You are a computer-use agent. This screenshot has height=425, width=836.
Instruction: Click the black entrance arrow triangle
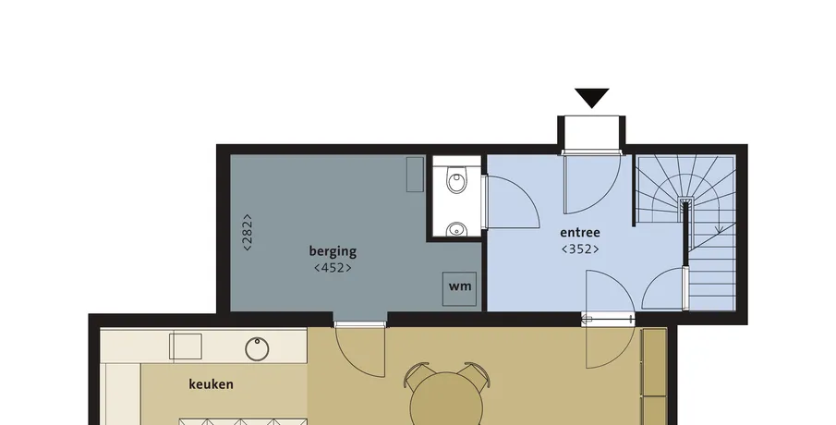click(592, 98)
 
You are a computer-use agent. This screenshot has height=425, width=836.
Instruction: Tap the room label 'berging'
click(333, 251)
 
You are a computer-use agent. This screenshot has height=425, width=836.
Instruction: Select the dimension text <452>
click(333, 268)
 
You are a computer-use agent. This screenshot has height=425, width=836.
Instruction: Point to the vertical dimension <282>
click(248, 232)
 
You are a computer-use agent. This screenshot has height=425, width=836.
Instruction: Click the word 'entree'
click(580, 233)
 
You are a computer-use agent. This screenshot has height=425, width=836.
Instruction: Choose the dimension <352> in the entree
click(580, 249)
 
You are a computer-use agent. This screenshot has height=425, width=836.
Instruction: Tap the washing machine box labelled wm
click(460, 289)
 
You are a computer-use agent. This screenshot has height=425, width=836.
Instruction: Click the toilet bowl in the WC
click(456, 181)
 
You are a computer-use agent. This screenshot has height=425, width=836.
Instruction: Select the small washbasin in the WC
click(455, 229)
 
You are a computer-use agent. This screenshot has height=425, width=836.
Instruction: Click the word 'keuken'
click(212, 384)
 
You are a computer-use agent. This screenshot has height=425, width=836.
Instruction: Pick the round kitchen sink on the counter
click(257, 348)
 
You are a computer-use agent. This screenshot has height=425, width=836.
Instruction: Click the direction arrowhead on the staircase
click(719, 229)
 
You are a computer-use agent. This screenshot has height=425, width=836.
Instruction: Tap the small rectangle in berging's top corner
click(416, 175)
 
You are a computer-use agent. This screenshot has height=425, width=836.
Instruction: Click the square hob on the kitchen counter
click(186, 346)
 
